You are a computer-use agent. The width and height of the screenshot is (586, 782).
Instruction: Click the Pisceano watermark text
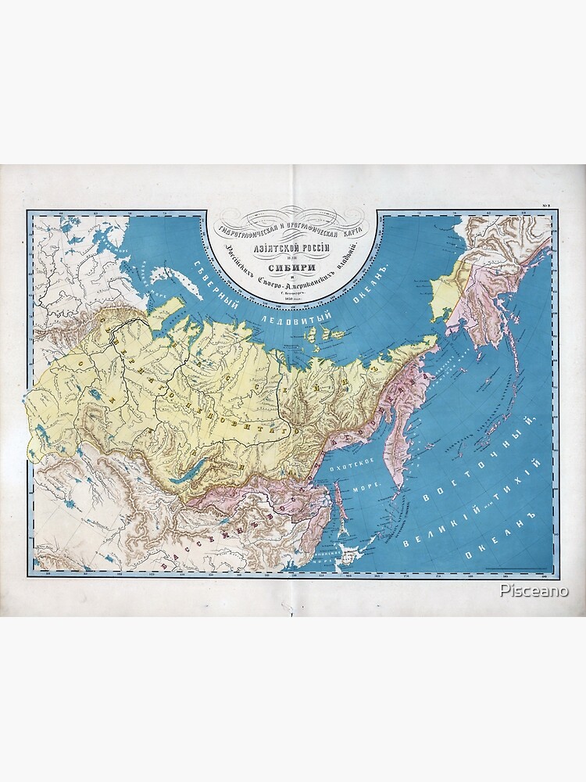(534, 591)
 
